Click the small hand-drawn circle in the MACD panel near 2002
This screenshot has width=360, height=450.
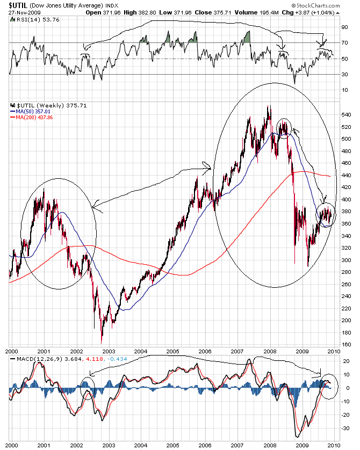(88, 388)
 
